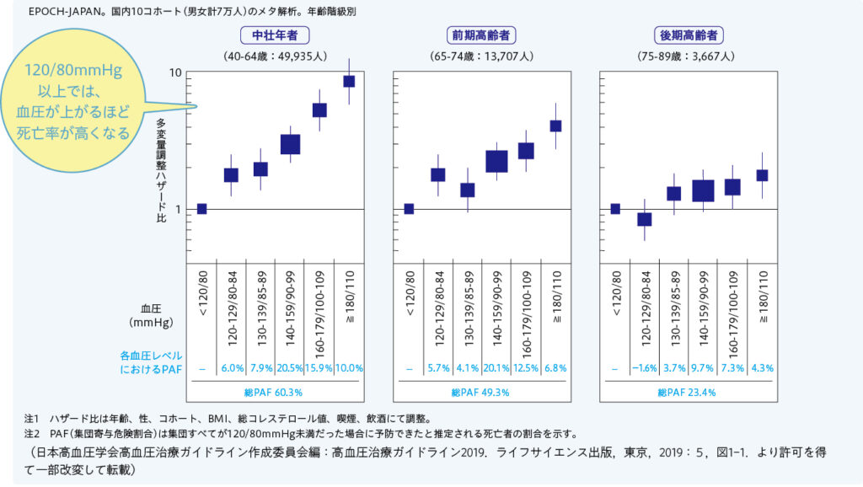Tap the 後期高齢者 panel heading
click(689, 35)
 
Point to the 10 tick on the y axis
click(176, 72)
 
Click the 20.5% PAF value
click(290, 368)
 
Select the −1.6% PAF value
click(645, 368)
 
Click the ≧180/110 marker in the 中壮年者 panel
click(348, 81)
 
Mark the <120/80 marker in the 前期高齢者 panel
click(409, 209)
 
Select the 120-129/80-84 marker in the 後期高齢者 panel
click(645, 219)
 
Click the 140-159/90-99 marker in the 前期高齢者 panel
click(496, 161)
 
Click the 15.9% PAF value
click(319, 368)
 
